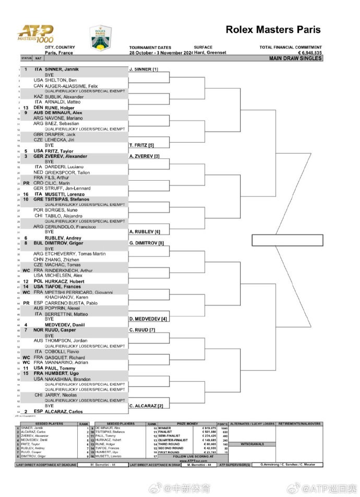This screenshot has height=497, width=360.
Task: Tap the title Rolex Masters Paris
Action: pyautogui.click(x=273, y=30)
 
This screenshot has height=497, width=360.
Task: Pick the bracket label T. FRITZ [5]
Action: pyautogui.click(x=141, y=144)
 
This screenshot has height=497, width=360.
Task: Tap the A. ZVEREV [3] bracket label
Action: pyautogui.click(x=144, y=156)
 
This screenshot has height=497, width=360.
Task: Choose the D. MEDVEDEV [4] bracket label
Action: pyautogui.click(x=148, y=318)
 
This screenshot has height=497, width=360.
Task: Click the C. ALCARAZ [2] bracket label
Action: pyautogui.click(x=146, y=406)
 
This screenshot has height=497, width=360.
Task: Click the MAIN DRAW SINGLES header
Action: pyautogui.click(x=295, y=58)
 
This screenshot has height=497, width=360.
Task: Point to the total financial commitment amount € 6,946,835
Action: pyautogui.click(x=310, y=53)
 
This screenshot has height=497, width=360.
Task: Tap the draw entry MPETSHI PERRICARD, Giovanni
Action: pyautogui.click(x=79, y=292)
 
